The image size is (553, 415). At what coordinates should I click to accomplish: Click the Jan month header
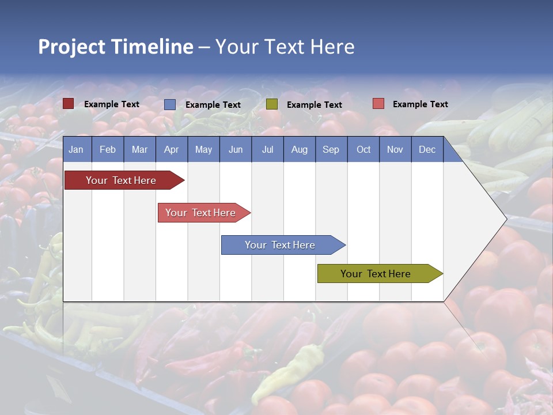pos(76,150)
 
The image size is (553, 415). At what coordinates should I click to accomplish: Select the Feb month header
pos(108,150)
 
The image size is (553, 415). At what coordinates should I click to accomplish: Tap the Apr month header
pos(171,150)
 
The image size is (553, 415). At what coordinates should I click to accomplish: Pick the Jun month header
pos(236,150)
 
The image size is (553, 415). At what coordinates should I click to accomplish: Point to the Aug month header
pos(300,150)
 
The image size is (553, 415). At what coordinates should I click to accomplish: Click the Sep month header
pos(331,150)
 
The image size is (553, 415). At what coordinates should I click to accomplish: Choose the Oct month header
pos(363,150)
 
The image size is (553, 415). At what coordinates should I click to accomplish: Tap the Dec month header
pos(427,150)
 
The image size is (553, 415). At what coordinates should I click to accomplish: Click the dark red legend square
pos(68,104)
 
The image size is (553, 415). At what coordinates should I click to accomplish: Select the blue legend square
pos(170,104)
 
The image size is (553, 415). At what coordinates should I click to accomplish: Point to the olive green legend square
pos(272,104)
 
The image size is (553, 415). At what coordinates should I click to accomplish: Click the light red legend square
pos(378,104)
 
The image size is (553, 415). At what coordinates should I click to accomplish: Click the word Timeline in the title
pos(151,47)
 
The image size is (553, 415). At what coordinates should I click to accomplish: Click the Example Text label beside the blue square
pos(213,105)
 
